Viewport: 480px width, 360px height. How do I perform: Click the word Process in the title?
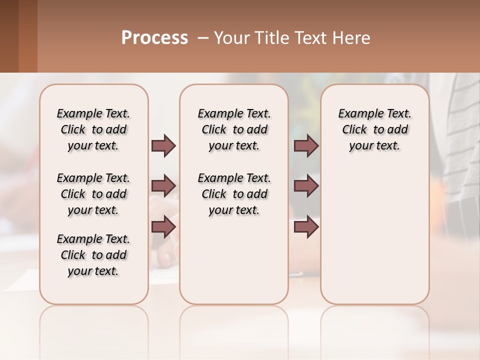[154, 38]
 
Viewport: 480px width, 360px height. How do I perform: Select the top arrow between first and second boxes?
[163, 145]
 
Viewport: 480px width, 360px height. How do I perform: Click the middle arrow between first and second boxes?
[163, 186]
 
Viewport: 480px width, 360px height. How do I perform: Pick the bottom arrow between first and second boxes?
[163, 227]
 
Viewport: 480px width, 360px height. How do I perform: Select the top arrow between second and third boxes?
[306, 145]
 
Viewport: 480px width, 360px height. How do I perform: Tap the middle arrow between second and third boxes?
[306, 186]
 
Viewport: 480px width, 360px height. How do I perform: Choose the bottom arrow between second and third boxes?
[306, 227]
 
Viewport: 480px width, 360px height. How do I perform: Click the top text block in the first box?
[93, 129]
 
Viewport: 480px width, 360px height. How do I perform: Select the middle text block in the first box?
[93, 194]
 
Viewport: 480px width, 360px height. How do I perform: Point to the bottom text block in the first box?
[93, 255]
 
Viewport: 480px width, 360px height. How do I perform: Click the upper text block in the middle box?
[234, 129]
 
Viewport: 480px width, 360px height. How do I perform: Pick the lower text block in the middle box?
[234, 194]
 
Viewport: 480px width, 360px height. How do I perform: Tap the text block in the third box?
[375, 129]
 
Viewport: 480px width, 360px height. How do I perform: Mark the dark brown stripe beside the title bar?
[9, 36]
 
